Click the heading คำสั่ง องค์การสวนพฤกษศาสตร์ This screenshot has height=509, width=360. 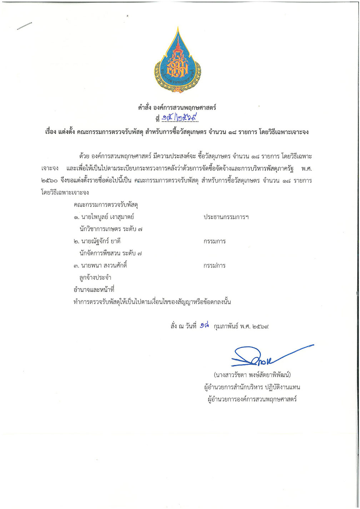pyautogui.click(x=177, y=107)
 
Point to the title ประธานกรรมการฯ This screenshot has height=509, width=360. pyautogui.click(x=226, y=217)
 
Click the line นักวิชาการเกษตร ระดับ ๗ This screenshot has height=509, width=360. pyautogui.click(x=111, y=229)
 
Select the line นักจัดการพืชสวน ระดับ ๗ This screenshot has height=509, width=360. pyautogui.click(x=111, y=253)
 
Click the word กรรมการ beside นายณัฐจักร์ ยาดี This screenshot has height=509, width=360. pyautogui.click(x=215, y=241)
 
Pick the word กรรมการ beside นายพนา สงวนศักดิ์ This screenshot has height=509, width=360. pyautogui.click(x=215, y=266)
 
